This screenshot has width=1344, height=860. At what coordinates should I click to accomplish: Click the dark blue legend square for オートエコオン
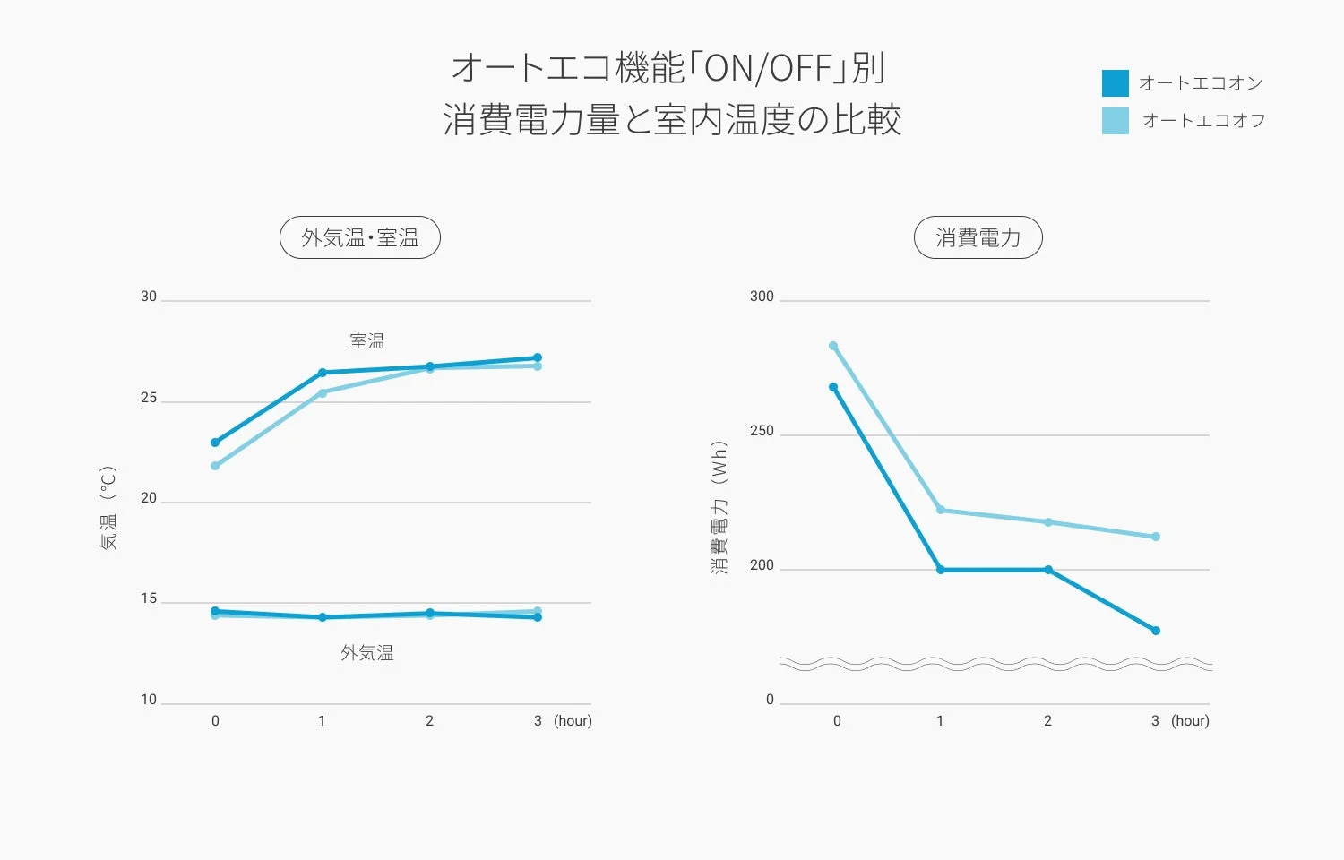pyautogui.click(x=1115, y=83)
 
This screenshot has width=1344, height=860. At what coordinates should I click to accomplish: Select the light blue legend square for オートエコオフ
pyautogui.click(x=1115, y=121)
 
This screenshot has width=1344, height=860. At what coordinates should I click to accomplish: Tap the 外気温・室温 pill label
pyautogui.click(x=360, y=237)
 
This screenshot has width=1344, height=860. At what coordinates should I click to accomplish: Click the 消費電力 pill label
pyautogui.click(x=978, y=237)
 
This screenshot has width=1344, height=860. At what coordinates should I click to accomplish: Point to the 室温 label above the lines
pyautogui.click(x=367, y=341)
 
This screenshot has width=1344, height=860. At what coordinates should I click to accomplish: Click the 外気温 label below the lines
pyautogui.click(x=367, y=653)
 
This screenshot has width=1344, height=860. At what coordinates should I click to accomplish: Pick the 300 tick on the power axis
pyautogui.click(x=762, y=297)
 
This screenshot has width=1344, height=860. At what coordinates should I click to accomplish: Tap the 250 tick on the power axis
pyautogui.click(x=762, y=431)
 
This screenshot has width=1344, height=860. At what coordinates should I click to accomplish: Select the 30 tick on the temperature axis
pyautogui.click(x=149, y=297)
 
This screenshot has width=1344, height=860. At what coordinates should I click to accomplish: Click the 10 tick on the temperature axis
pyautogui.click(x=149, y=700)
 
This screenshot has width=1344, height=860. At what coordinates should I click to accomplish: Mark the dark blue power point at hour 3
pyautogui.click(x=1156, y=631)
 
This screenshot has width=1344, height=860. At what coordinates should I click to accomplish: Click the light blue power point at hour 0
pyautogui.click(x=833, y=346)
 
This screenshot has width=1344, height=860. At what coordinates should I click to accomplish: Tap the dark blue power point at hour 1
pyautogui.click(x=941, y=570)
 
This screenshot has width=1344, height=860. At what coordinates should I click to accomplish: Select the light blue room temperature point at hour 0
pyautogui.click(x=215, y=466)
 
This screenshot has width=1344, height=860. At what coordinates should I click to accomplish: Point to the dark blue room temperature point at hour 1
pyautogui.click(x=323, y=373)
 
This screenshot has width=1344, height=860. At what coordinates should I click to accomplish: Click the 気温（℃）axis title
pyautogui.click(x=108, y=507)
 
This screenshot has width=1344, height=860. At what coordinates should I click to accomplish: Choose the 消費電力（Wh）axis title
pyautogui.click(x=719, y=507)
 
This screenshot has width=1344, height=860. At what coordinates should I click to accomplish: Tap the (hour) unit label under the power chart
pyautogui.click(x=1190, y=721)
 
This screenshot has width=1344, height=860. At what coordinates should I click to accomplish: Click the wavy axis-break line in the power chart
pyautogui.click(x=995, y=664)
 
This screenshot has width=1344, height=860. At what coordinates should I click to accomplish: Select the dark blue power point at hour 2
pyautogui.click(x=1048, y=570)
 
